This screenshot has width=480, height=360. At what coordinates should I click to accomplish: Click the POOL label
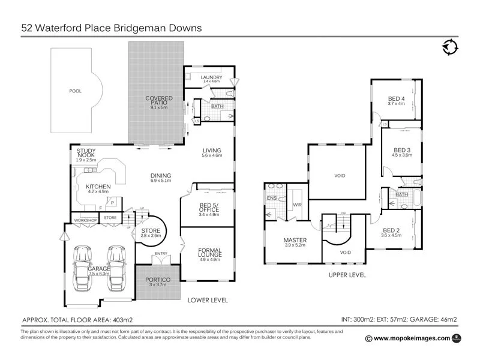coord(75,91)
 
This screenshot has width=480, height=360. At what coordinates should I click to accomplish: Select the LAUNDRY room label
coord(211,77)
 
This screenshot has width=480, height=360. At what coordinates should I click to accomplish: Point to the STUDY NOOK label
coord(83,153)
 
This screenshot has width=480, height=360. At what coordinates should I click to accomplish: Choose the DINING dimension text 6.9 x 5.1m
coord(161,181)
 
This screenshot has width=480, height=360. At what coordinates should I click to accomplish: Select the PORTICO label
coord(155,280)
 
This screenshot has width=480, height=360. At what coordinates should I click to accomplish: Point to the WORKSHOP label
coord(85,220)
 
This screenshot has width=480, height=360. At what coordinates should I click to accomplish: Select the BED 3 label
coord(402,150)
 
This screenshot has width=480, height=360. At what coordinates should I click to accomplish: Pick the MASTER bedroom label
coord(295,241)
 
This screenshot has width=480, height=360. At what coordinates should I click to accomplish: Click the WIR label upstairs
coord(296,205)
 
